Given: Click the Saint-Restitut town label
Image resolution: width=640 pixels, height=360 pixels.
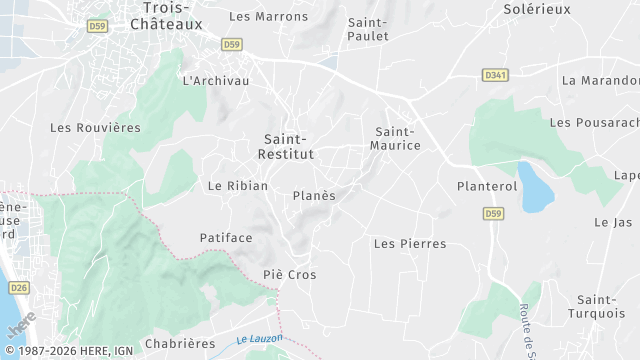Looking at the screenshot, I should pos(288,146).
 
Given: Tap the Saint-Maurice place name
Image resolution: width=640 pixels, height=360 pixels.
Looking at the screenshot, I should pos(397,138).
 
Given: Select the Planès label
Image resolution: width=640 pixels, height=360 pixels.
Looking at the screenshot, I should pos(314,196).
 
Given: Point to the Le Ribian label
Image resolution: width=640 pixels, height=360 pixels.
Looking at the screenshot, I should pos(238,186).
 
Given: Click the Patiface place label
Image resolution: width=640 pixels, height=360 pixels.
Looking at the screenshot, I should pos(225,238).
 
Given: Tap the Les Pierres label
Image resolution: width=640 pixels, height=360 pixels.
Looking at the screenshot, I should pos(409,243).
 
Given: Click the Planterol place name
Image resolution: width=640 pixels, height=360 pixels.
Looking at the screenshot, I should pos(485,186).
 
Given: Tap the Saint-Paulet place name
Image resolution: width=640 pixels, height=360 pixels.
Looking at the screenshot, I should pos(367,28).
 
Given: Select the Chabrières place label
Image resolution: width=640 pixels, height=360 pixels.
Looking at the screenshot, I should pos(180,343).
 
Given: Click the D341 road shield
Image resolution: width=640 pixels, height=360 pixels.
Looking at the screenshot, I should pos(494,74).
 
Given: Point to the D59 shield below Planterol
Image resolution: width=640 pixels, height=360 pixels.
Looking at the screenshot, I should pos(493,213).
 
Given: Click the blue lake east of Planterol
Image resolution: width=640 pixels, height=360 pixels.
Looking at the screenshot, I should pos(536,187).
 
